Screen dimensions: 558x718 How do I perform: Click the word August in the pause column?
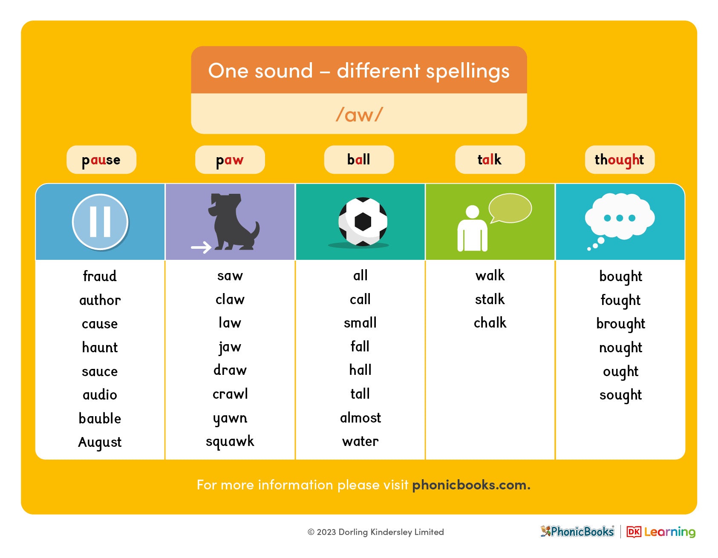[x=100, y=442]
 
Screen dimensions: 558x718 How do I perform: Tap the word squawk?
[x=230, y=441]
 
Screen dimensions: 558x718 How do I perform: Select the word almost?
[x=360, y=418]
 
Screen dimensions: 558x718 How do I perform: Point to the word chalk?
[x=490, y=323]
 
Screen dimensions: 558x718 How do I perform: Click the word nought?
[x=620, y=348]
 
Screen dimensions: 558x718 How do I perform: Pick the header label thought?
[x=619, y=160]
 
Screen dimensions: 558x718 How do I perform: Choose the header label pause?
[x=101, y=160]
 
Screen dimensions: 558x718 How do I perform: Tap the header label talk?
[x=490, y=160]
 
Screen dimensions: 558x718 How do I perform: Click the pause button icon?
[x=100, y=221]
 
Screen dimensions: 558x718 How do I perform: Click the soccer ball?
[x=363, y=221]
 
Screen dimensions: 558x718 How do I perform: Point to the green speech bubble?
[x=510, y=208]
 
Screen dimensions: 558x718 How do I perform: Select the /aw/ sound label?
[x=359, y=114]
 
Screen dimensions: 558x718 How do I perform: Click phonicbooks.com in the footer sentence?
[x=469, y=485]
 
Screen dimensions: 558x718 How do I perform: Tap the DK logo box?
[x=634, y=532]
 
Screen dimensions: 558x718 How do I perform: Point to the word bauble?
[x=100, y=418]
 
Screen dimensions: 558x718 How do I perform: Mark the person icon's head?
[x=472, y=212]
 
